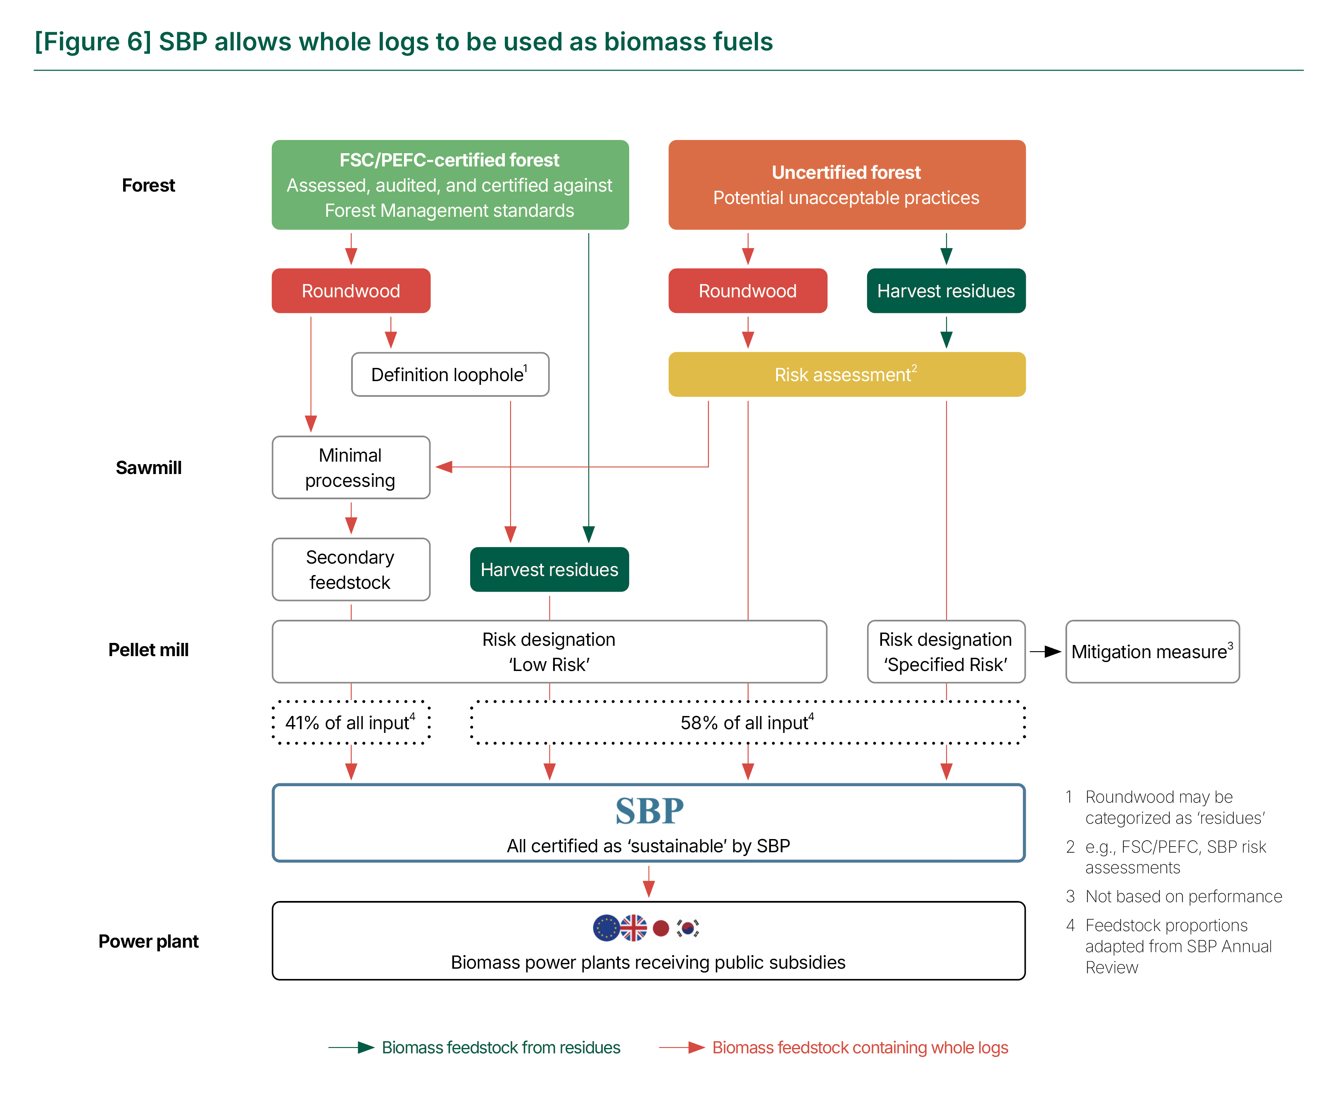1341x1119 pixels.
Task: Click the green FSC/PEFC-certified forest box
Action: [450, 185]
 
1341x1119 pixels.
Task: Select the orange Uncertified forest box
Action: [847, 185]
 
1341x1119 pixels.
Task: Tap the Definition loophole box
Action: [450, 374]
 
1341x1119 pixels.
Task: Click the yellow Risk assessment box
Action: [847, 374]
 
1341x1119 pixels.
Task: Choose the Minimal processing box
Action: [351, 467]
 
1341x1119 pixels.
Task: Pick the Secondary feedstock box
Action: [351, 569]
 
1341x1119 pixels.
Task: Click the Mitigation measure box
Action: [1153, 652]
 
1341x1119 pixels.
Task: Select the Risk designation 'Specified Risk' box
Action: [946, 652]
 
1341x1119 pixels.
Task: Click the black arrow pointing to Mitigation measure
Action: [1045, 652]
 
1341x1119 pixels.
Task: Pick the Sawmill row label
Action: [149, 468]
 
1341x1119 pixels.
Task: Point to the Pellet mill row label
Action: [149, 650]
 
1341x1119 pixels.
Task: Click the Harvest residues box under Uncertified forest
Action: [946, 290]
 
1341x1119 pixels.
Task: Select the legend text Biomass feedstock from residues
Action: [501, 1048]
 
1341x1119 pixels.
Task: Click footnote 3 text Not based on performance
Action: [1184, 896]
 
